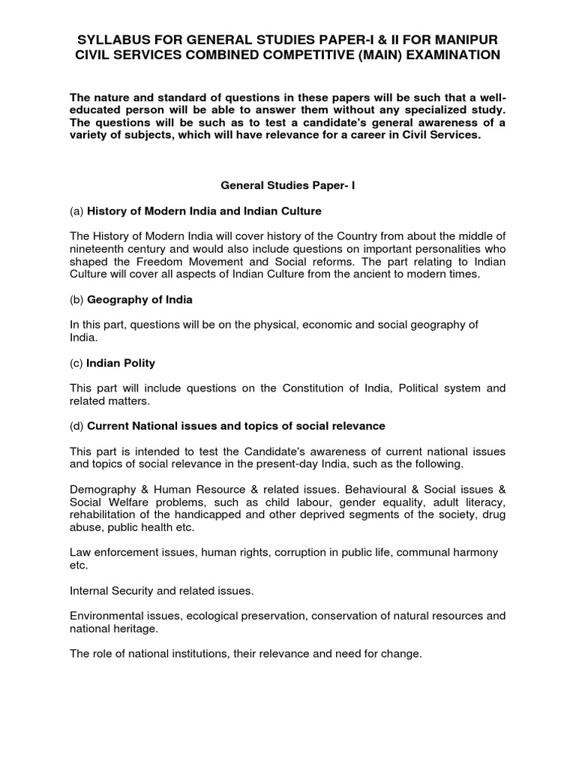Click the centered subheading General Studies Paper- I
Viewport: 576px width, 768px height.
point(288,182)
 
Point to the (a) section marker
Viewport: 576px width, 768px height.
point(76,211)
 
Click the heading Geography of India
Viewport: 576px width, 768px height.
point(139,299)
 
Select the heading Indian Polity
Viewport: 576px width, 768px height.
point(121,363)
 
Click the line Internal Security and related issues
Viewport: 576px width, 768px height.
point(161,591)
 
